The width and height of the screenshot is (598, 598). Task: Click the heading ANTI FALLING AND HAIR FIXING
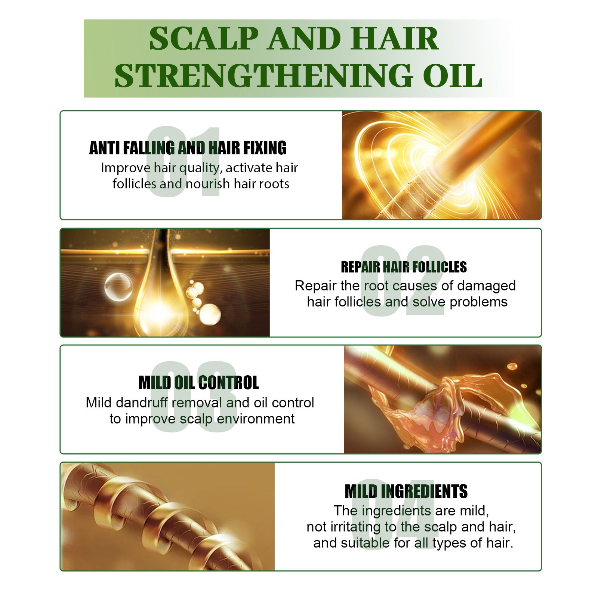188,148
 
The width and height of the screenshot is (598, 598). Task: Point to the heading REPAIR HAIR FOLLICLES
404,267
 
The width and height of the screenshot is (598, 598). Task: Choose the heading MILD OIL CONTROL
198,383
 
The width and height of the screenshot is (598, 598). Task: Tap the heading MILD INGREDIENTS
406,491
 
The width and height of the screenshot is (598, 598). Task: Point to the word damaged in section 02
486,286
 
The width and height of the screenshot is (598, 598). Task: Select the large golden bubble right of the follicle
210,314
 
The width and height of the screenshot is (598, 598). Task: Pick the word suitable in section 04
365,543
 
